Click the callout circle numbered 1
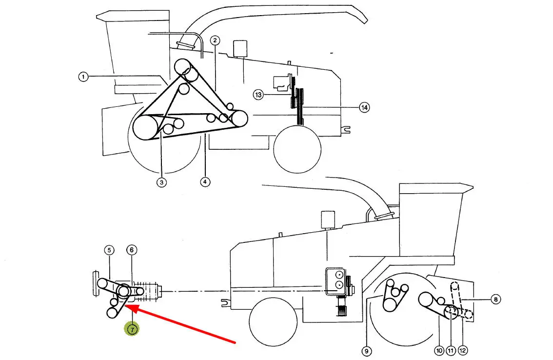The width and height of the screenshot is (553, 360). (x=83, y=77)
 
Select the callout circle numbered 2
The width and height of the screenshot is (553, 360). (x=215, y=40)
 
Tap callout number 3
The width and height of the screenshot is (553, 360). (x=161, y=182)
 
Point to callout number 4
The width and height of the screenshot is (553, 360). (x=205, y=182)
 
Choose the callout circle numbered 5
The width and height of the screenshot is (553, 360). (x=109, y=250)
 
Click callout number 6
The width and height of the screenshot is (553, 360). (x=131, y=250)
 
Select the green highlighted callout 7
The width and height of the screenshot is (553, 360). (x=132, y=330)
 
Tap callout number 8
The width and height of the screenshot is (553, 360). (x=495, y=300)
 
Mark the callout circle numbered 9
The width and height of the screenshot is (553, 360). (x=366, y=350)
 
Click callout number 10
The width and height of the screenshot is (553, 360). (x=439, y=350)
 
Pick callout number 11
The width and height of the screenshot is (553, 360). (x=451, y=350)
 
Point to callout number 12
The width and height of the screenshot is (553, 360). (x=462, y=350)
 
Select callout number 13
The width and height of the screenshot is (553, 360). (x=258, y=94)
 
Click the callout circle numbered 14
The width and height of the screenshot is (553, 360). (x=364, y=107)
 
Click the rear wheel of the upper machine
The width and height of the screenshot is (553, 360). (x=297, y=149)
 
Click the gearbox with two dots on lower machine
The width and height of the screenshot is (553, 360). (x=336, y=281)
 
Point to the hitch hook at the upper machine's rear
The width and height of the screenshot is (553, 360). (x=347, y=129)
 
